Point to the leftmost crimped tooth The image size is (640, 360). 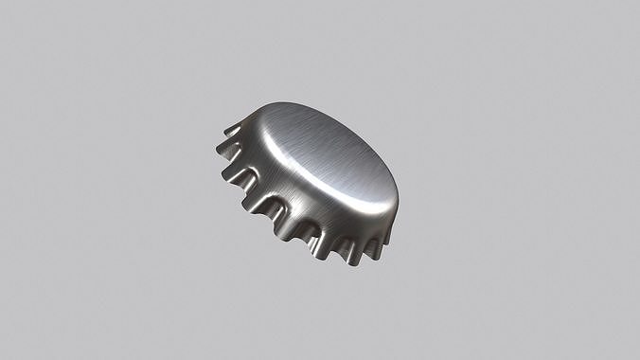227,146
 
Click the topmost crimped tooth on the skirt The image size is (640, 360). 233,128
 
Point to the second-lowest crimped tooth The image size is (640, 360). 313,241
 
